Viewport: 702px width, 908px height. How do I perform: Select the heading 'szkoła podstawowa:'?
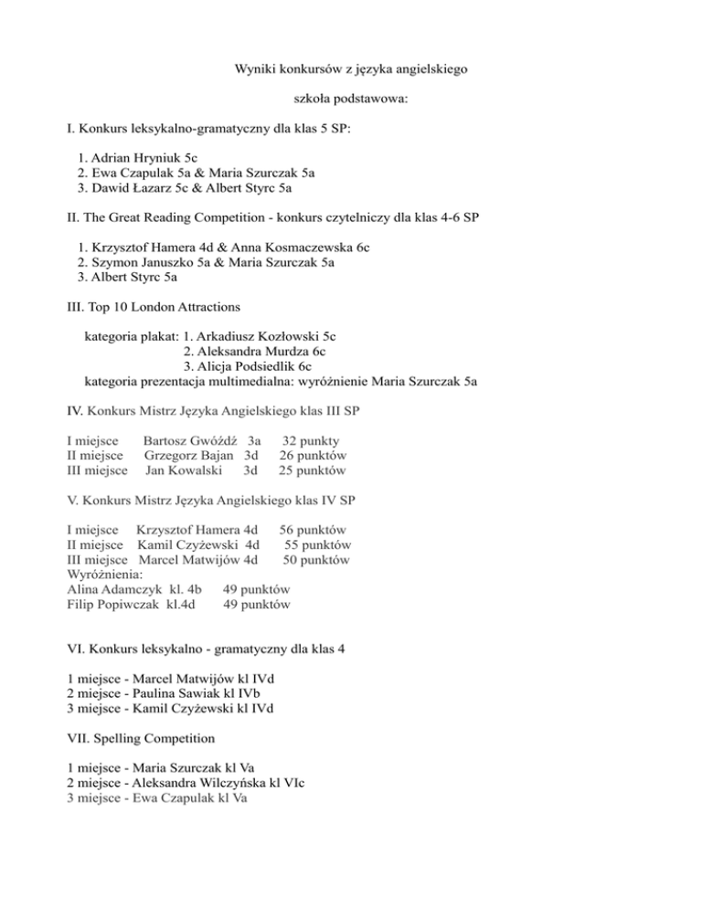[x=350, y=98]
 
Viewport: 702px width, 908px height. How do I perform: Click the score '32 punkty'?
[x=311, y=440]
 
